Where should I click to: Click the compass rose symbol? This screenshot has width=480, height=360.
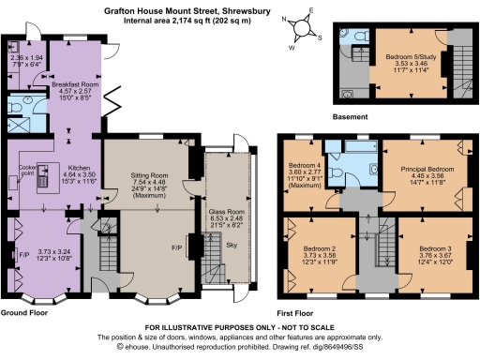click(x=307, y=23)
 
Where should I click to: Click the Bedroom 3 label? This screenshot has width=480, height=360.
click(x=427, y=249)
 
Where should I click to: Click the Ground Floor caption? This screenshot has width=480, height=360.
click(x=25, y=310)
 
